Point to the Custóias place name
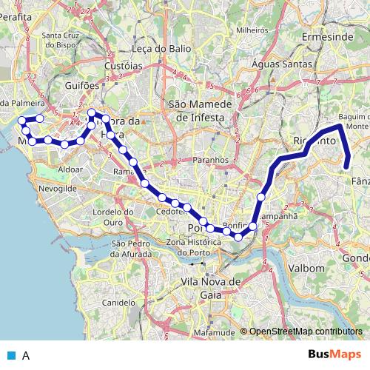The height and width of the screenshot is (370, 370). click(x=124, y=66)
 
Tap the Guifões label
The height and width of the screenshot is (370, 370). click(x=82, y=86)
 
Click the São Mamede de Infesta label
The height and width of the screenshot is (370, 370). click(x=200, y=111)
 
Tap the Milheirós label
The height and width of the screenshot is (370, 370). click(x=251, y=30)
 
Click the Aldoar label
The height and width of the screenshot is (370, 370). click(x=70, y=169)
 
